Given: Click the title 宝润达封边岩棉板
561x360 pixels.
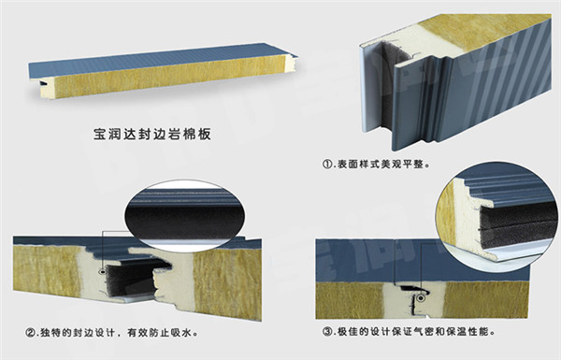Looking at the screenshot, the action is [x=152, y=135].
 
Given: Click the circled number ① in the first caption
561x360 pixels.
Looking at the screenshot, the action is [x=328, y=165].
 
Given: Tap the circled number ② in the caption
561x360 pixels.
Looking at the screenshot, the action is [x=30, y=333].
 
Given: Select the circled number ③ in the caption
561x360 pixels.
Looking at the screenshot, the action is [x=328, y=332].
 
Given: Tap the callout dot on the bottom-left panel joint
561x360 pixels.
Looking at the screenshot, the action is [x=103, y=271].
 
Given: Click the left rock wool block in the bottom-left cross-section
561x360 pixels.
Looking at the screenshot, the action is [x=47, y=270].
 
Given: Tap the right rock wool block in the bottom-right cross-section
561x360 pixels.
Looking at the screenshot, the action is [x=486, y=300].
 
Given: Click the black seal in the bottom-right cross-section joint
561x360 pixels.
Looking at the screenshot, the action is [x=410, y=287].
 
